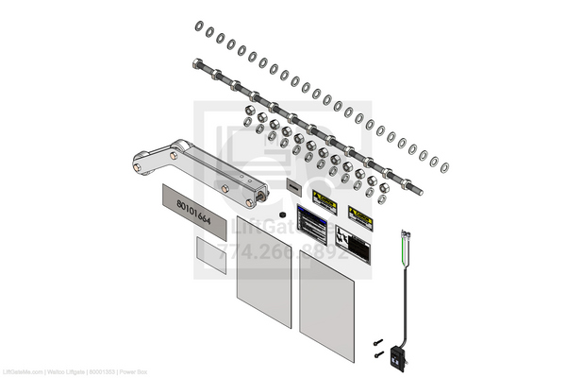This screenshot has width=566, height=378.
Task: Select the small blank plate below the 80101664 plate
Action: tap(210, 254)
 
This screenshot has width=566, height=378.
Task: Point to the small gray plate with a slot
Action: tap(292, 185)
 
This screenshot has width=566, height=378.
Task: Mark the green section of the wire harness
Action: tap(407, 248)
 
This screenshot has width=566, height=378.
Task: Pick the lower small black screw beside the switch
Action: tap(379, 354)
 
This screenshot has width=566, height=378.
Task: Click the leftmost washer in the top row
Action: tap(198, 26)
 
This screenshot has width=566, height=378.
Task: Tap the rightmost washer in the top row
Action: tap(444, 167)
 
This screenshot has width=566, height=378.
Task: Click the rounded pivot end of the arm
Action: tap(140, 163)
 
